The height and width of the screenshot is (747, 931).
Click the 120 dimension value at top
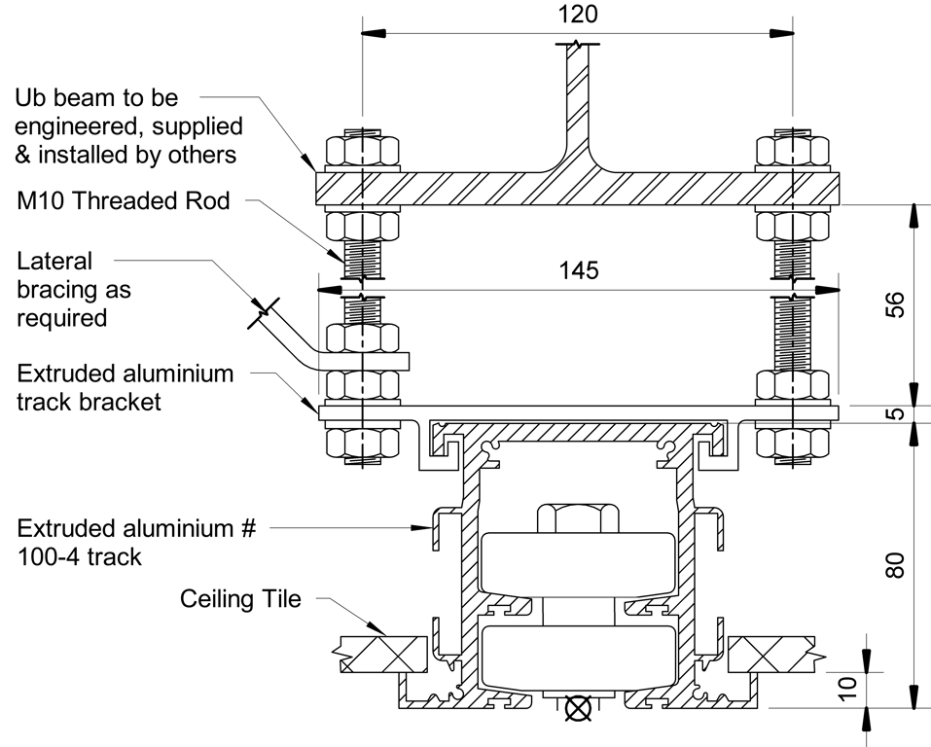click(x=579, y=15)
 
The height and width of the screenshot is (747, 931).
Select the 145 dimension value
click(x=579, y=270)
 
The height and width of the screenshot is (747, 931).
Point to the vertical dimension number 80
click(x=896, y=564)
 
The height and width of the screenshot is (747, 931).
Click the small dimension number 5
click(x=896, y=412)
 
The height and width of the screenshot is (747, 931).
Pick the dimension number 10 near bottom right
click(x=848, y=689)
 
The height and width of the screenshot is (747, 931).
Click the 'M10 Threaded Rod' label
click(x=124, y=201)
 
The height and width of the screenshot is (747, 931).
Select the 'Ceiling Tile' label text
click(x=240, y=598)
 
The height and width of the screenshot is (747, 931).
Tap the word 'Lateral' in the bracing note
click(x=54, y=261)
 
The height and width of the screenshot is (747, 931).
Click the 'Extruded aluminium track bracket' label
click(x=125, y=387)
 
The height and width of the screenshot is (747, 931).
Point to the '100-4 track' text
click(x=80, y=557)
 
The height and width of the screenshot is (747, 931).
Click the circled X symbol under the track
click(x=578, y=709)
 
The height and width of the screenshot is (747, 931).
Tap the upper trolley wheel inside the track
click(x=578, y=563)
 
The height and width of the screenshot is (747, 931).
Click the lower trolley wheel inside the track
click(x=578, y=658)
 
